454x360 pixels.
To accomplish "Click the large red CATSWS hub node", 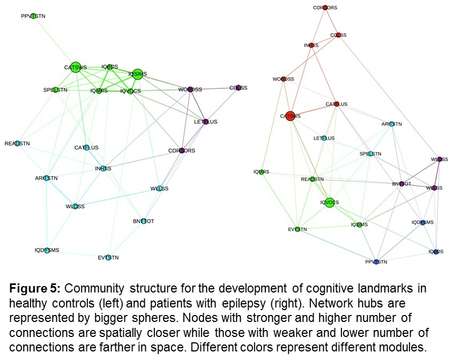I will point(290,116).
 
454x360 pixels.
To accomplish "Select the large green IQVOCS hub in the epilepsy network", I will point(330,202).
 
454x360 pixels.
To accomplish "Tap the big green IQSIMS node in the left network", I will point(137,74).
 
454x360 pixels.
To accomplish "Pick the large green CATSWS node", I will point(75,67).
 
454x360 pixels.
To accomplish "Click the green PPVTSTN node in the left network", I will point(33,17).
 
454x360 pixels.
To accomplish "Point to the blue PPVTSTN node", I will point(376,262).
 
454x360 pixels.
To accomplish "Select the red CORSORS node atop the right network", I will point(325,8).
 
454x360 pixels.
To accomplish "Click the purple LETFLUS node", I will point(205,122).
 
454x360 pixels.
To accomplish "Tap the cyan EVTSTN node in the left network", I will point(108,258).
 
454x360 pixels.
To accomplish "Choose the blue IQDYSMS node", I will point(422,222).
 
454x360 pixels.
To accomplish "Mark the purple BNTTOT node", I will point(401,184).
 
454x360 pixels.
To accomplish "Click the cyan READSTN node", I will point(18,144).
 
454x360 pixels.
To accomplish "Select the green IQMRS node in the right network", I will point(262,172).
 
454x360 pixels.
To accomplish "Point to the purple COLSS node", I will point(239,88).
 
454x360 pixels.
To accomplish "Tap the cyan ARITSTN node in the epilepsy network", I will point(391,124).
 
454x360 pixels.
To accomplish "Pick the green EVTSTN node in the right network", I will point(297,230).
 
